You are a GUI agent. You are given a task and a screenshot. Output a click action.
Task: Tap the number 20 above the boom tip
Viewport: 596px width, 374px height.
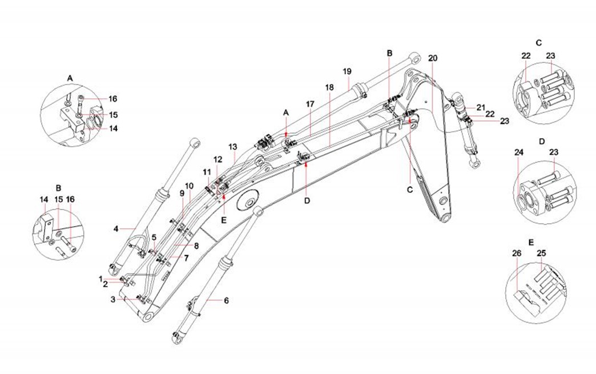432,58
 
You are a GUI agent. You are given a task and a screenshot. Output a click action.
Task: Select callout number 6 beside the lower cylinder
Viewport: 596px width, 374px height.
226,300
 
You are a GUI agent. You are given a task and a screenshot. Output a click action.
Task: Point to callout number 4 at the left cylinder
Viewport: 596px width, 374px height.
116,229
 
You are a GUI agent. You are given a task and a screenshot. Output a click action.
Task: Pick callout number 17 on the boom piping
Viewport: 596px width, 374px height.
310,104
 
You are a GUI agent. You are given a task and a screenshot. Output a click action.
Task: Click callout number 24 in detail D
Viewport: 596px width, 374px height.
518,152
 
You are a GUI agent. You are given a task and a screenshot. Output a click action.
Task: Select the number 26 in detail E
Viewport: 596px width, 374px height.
517,252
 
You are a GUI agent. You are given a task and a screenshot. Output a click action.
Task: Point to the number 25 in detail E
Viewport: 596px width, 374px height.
541,252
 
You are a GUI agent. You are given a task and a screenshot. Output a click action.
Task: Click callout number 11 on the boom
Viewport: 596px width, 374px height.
206,171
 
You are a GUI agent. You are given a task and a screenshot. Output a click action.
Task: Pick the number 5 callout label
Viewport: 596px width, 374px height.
154,237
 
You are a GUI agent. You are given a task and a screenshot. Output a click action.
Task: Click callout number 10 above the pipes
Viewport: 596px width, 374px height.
190,186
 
